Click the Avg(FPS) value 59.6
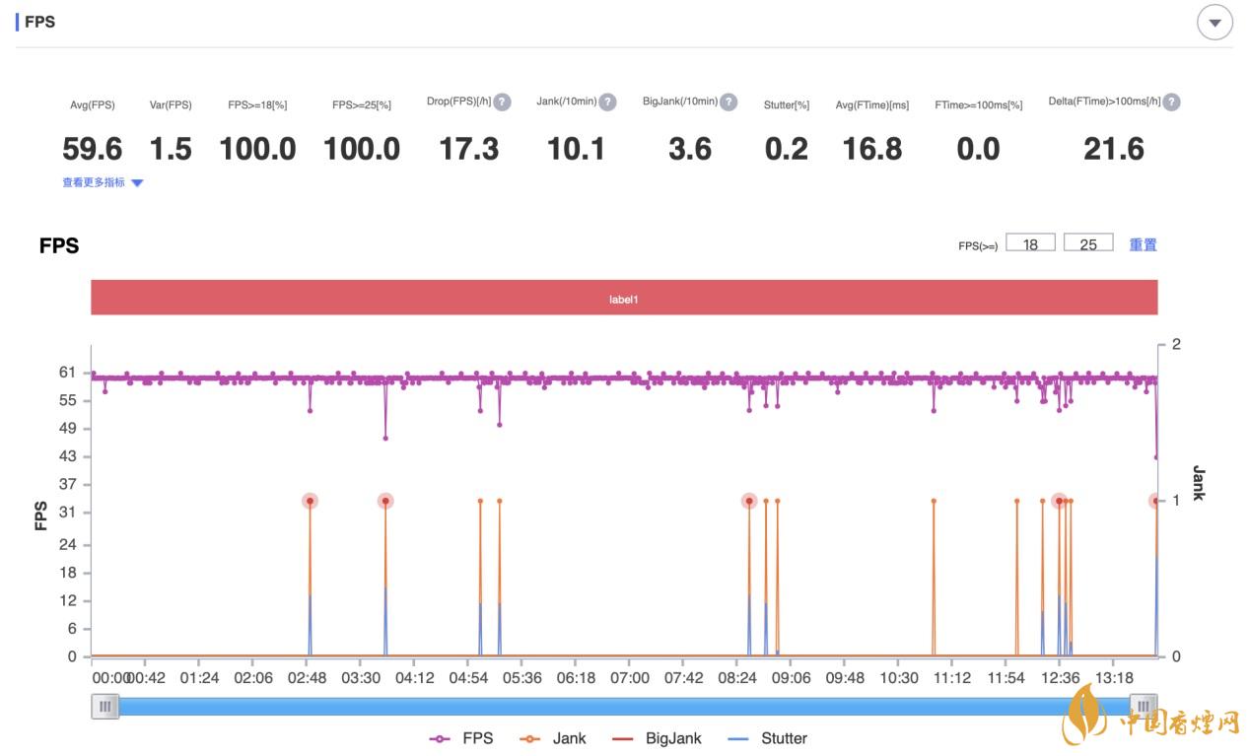point(92,149)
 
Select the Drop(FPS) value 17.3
point(468,149)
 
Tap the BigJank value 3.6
point(689,149)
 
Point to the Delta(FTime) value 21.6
point(1113,149)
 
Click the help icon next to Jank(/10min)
point(607,102)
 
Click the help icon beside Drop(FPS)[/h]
point(502,102)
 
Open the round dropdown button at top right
point(1214,23)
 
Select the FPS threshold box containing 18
point(1030,243)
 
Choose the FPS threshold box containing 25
point(1088,243)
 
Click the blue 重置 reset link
point(1143,244)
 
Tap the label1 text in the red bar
point(624,298)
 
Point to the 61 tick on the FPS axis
point(67,372)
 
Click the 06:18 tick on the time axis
point(576,678)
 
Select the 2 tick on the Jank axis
point(1175,344)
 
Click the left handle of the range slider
point(105,706)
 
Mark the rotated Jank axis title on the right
point(1198,483)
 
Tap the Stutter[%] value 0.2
point(786,149)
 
